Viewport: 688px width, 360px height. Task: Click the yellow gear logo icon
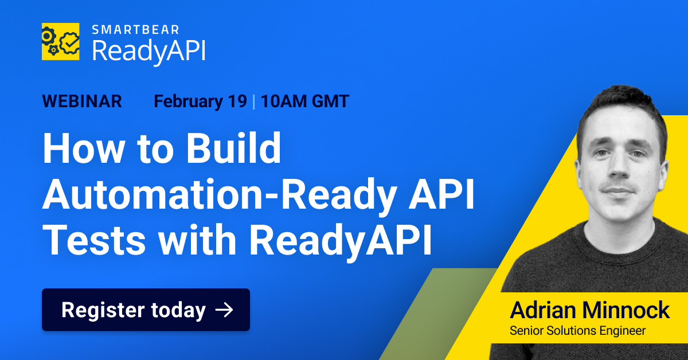60,41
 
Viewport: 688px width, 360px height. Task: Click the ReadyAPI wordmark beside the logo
148,50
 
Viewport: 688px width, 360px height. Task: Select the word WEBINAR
82,101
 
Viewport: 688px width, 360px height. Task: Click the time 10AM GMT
304,101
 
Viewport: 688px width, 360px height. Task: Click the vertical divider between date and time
253,101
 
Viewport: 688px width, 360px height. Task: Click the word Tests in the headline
95,242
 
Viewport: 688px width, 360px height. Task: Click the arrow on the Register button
224,310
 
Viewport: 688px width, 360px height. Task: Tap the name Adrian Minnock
589,310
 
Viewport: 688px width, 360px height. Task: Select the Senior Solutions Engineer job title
577,331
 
